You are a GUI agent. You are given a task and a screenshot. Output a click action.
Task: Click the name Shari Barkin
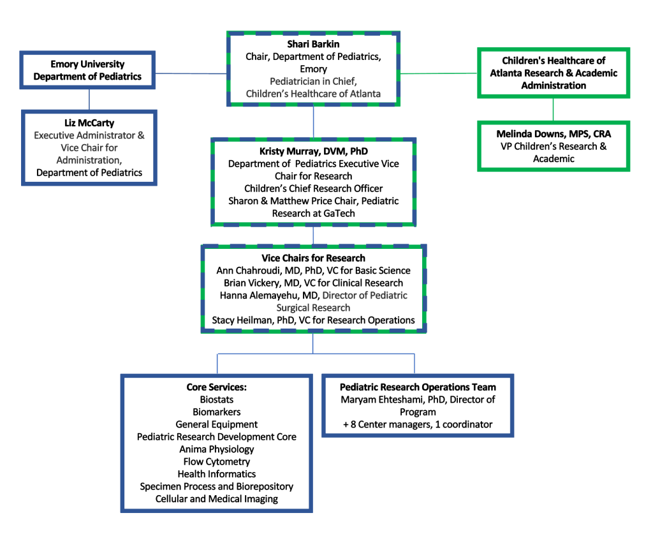(x=313, y=44)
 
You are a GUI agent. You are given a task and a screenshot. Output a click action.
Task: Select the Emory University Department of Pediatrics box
(x=88, y=71)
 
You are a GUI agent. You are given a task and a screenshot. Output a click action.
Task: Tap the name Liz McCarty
(x=89, y=123)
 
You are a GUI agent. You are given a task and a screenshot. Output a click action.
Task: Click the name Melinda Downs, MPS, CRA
(x=553, y=134)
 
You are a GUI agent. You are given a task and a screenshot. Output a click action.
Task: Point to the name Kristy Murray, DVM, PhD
(x=313, y=151)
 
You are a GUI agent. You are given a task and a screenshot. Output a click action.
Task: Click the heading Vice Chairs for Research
(x=313, y=258)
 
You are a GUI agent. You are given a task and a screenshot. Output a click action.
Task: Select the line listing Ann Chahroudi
(x=313, y=271)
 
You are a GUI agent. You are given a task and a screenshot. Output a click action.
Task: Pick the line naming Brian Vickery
(x=313, y=283)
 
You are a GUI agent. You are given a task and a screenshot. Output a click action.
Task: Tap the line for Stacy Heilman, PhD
(x=313, y=320)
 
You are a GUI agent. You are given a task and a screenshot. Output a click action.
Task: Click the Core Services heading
(x=216, y=387)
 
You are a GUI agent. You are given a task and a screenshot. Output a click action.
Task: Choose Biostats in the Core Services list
(x=216, y=399)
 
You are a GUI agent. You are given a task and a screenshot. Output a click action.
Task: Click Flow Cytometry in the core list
(x=216, y=461)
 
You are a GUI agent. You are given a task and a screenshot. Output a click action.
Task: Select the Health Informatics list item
(x=216, y=474)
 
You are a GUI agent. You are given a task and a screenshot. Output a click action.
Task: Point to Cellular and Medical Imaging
(x=216, y=499)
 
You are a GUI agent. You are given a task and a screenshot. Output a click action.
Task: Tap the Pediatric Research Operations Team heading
(x=418, y=387)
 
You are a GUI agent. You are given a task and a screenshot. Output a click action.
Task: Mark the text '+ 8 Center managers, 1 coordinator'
(x=418, y=424)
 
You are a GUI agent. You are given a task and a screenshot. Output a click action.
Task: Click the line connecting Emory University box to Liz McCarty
(x=89, y=99)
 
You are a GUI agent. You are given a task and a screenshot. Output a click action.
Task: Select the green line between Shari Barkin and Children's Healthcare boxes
(x=439, y=73)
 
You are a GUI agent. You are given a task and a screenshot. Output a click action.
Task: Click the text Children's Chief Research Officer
(x=313, y=188)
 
